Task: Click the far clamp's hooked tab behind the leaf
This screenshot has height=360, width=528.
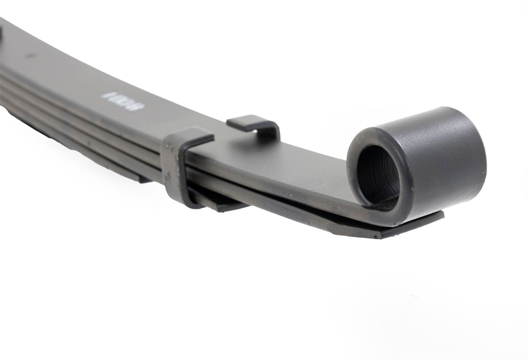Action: pyautogui.click(x=252, y=123)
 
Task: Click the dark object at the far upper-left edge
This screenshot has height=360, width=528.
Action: pyautogui.click(x=1, y=33)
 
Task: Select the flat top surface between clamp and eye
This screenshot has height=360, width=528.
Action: pyautogui.click(x=296, y=161)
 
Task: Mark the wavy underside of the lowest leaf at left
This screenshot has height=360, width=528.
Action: pyautogui.click(x=52, y=130)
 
